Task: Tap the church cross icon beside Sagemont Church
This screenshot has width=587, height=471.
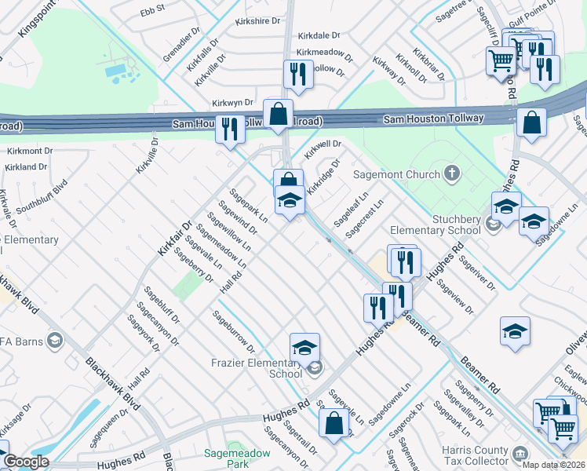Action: [452, 173]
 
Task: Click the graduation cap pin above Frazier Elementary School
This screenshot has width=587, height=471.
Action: [304, 346]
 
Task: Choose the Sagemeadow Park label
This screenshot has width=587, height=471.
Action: [237, 458]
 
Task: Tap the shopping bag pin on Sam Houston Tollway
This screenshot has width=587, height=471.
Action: [278, 114]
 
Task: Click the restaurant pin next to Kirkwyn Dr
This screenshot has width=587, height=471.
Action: [230, 128]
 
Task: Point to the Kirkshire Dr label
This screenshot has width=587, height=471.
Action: [258, 22]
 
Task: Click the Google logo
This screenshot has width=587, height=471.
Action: [26, 462]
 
